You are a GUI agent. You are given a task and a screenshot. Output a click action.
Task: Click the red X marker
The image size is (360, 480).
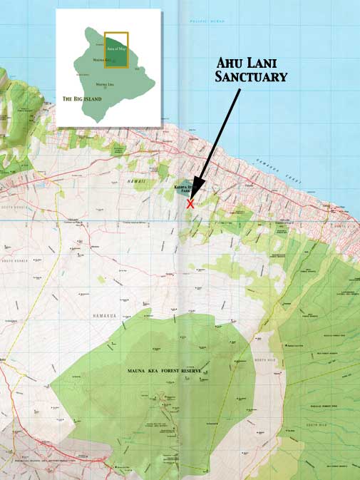click(190, 203)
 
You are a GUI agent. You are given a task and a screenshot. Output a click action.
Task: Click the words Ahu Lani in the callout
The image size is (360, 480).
click(251, 63)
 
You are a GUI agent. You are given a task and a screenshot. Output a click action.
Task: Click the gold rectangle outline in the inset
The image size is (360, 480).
click(105, 50)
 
